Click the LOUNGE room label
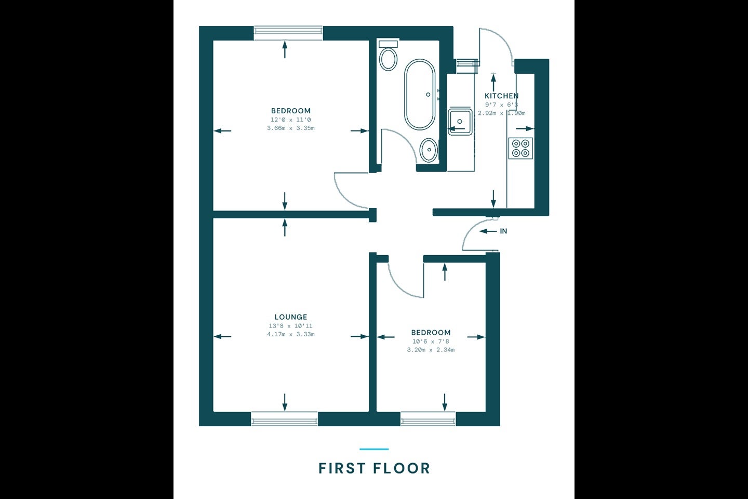[x=291, y=317]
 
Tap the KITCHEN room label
[x=502, y=96]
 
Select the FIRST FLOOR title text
[x=375, y=468]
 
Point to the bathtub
[x=420, y=95]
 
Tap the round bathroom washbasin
[x=429, y=150]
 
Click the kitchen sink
[x=460, y=122]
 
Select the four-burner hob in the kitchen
[x=520, y=148]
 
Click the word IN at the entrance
[x=503, y=231]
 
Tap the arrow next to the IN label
[x=488, y=231]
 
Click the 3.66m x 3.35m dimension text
[x=291, y=128]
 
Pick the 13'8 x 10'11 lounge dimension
[x=291, y=326]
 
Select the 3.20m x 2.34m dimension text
[x=431, y=350]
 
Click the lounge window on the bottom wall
[x=285, y=419]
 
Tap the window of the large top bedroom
[x=288, y=33]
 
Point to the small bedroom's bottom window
[x=428, y=419]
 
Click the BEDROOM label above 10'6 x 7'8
[x=431, y=333]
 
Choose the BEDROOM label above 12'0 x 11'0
[x=291, y=111]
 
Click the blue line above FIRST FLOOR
[x=374, y=449]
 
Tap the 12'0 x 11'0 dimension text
[x=291, y=120]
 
